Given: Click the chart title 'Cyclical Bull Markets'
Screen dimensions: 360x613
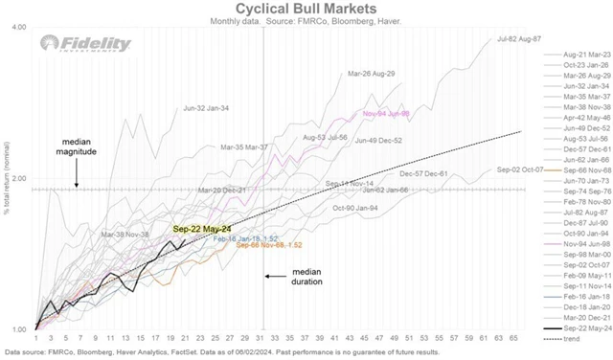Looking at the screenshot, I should click(306, 8).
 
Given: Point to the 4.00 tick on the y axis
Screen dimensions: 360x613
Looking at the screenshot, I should click(17, 28).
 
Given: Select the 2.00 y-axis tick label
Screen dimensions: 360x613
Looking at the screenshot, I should click(17, 179).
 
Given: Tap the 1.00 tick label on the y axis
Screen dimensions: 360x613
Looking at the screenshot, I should click(17, 330).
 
